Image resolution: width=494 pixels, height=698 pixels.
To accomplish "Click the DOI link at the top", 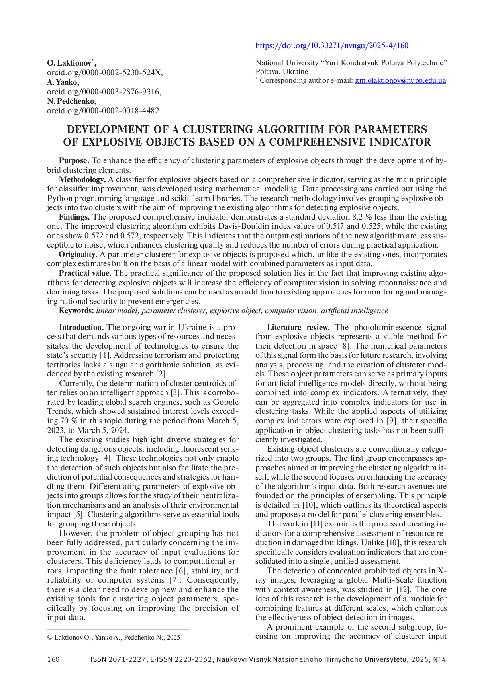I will coord(332,45).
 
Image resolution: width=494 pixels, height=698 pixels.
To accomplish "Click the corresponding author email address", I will coord(400,80).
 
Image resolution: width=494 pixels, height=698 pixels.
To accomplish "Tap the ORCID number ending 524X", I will coord(104,72).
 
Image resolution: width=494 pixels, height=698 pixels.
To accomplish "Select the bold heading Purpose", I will coord(74,161).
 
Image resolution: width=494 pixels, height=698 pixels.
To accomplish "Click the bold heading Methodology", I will coord(82,179).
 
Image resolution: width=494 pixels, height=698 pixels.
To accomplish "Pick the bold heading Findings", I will coord(74,217).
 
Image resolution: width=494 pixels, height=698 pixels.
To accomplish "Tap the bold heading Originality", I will coord(78,254).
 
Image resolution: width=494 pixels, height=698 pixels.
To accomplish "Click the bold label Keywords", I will coord(76,311).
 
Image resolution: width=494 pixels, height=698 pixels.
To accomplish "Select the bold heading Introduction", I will coord(81,328).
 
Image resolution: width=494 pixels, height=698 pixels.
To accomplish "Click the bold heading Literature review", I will coord(298,328).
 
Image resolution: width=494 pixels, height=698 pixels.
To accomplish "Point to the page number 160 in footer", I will coord(53,659).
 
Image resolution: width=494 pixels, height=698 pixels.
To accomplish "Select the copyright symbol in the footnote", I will coord(50,637).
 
